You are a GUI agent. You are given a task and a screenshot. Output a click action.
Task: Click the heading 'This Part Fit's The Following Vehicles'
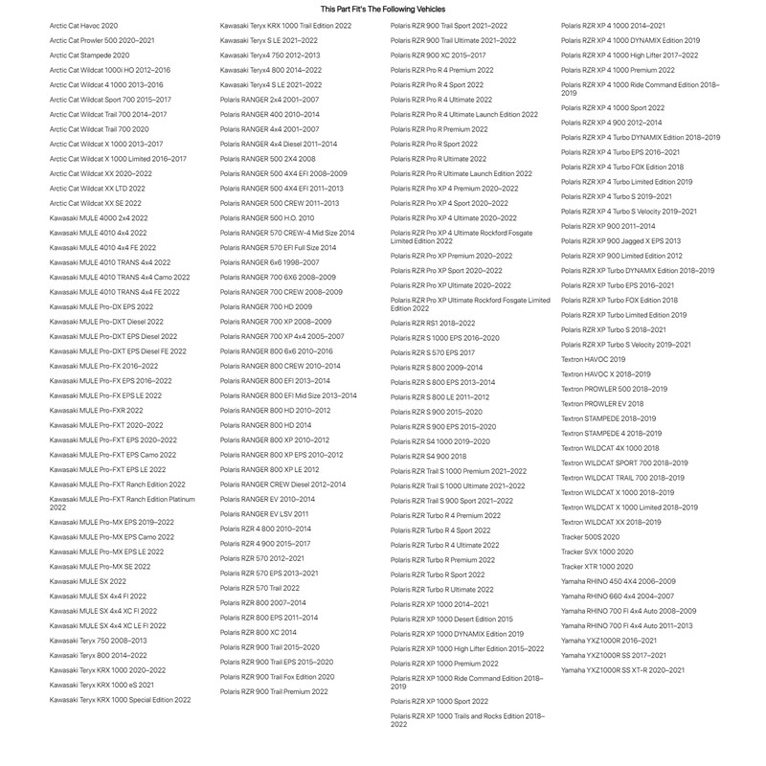pos(383,8)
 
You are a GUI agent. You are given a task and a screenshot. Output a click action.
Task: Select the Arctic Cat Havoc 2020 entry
pos(84,25)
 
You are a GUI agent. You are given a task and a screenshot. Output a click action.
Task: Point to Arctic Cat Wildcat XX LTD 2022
pos(98,189)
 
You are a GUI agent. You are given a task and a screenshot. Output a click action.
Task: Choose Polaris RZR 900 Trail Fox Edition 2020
pos(278,676)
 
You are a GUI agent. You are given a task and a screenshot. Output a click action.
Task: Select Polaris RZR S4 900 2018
pos(429,456)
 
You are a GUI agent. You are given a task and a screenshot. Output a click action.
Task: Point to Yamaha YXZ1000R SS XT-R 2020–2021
pos(623,669)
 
